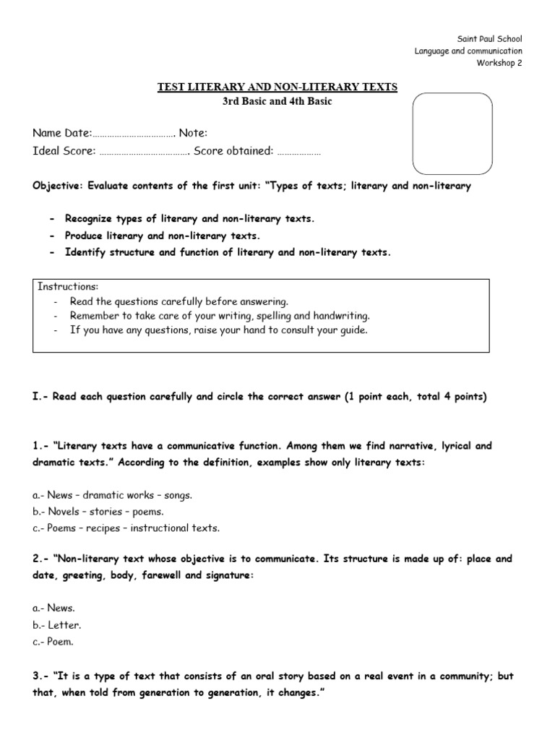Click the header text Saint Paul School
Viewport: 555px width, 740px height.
coord(490,38)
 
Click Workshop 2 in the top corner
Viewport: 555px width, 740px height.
coord(499,63)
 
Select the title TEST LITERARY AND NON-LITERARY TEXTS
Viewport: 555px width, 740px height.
coord(277,87)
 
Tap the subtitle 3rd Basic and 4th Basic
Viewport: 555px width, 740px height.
coord(277,101)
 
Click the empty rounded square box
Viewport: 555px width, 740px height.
coord(452,134)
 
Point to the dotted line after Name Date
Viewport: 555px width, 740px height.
coord(134,134)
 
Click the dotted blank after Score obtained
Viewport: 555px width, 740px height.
coord(298,152)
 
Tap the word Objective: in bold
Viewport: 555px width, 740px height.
coord(57,186)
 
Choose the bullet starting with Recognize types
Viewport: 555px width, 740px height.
coord(189,218)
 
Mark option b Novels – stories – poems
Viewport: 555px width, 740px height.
coord(103,512)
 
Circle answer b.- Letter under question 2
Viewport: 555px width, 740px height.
coord(56,624)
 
